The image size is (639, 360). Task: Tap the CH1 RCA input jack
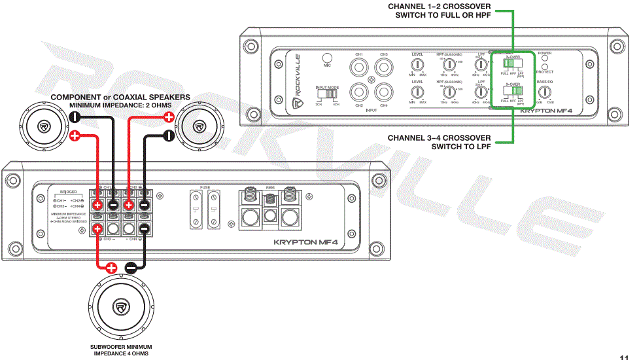[x=359, y=66]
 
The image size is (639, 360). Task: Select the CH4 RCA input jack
[x=383, y=92]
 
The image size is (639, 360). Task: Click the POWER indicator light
[x=544, y=59]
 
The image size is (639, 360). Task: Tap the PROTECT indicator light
[x=544, y=67]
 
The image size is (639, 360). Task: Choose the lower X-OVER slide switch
[x=511, y=92]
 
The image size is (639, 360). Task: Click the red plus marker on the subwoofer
[x=111, y=267]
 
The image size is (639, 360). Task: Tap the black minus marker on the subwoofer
[x=131, y=267]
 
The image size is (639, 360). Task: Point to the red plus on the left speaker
[x=75, y=135]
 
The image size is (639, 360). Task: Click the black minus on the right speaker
[x=168, y=135]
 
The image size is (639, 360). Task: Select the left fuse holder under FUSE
[x=196, y=209]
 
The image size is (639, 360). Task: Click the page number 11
[x=624, y=357]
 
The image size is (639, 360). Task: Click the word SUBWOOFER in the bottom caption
[x=108, y=346]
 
